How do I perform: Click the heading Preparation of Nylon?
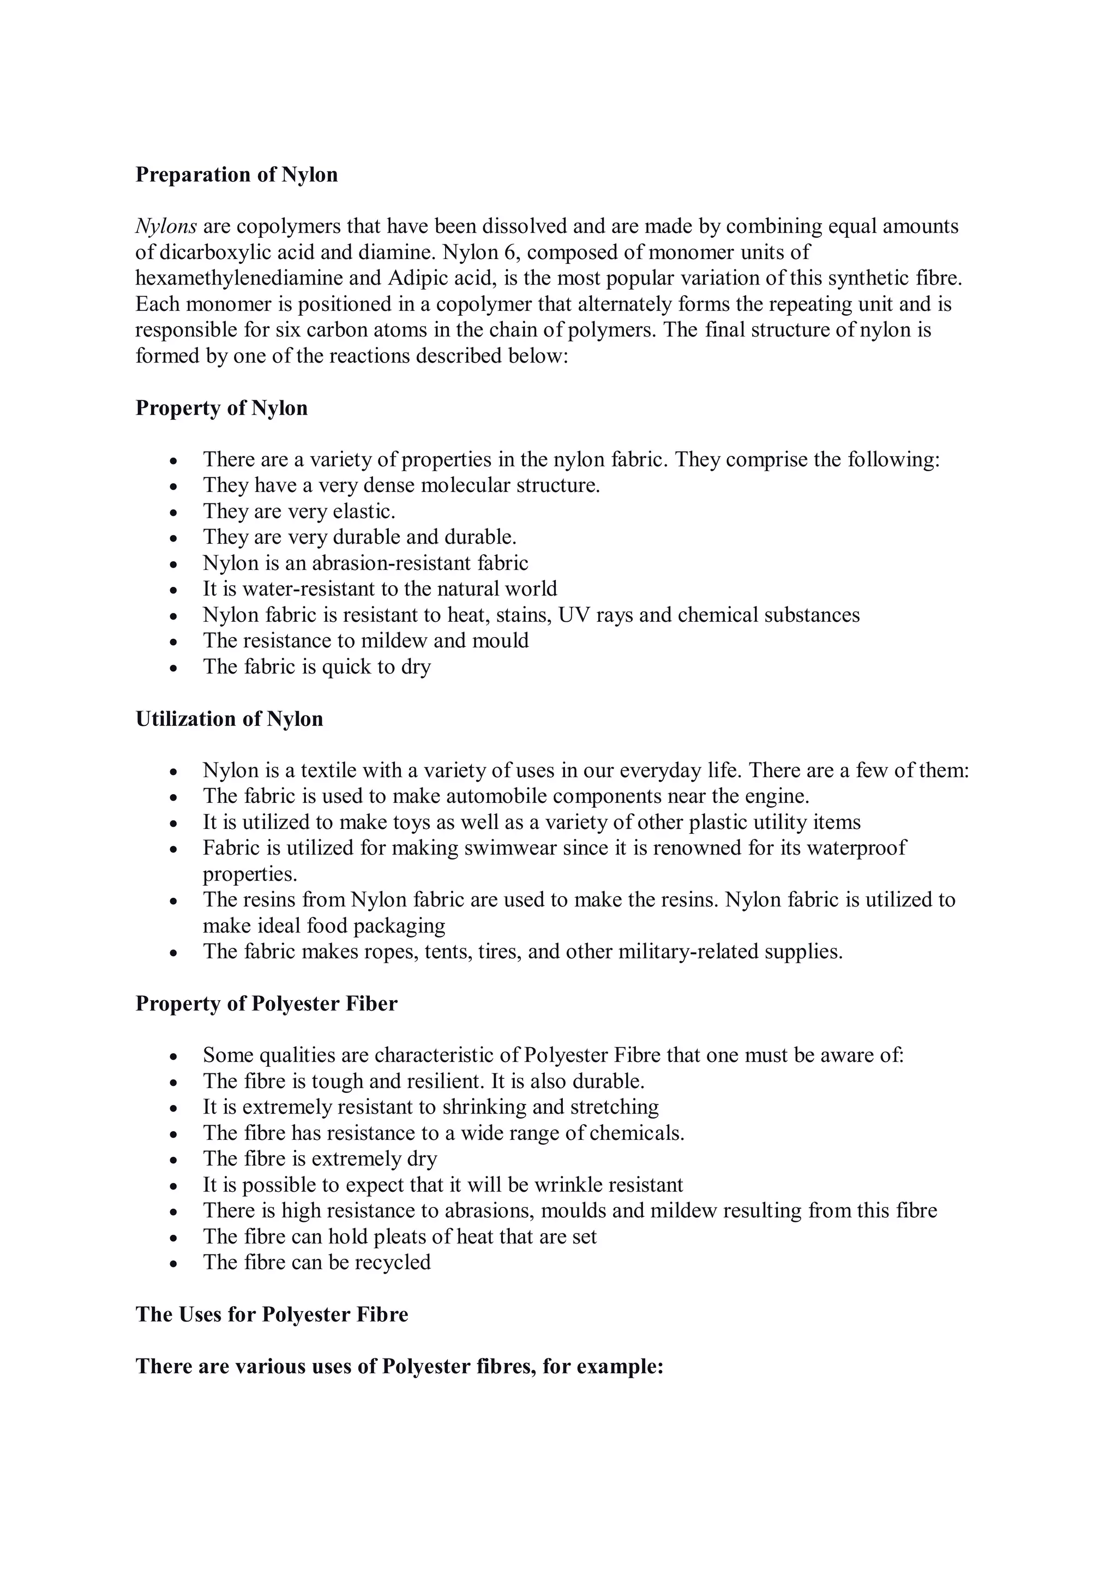point(236,175)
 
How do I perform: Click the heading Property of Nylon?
point(221,408)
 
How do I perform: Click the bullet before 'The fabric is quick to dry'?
point(173,668)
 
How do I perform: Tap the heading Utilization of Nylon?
point(229,719)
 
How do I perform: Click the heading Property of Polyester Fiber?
point(266,1004)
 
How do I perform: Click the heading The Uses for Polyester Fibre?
point(271,1314)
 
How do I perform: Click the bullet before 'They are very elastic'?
point(173,513)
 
